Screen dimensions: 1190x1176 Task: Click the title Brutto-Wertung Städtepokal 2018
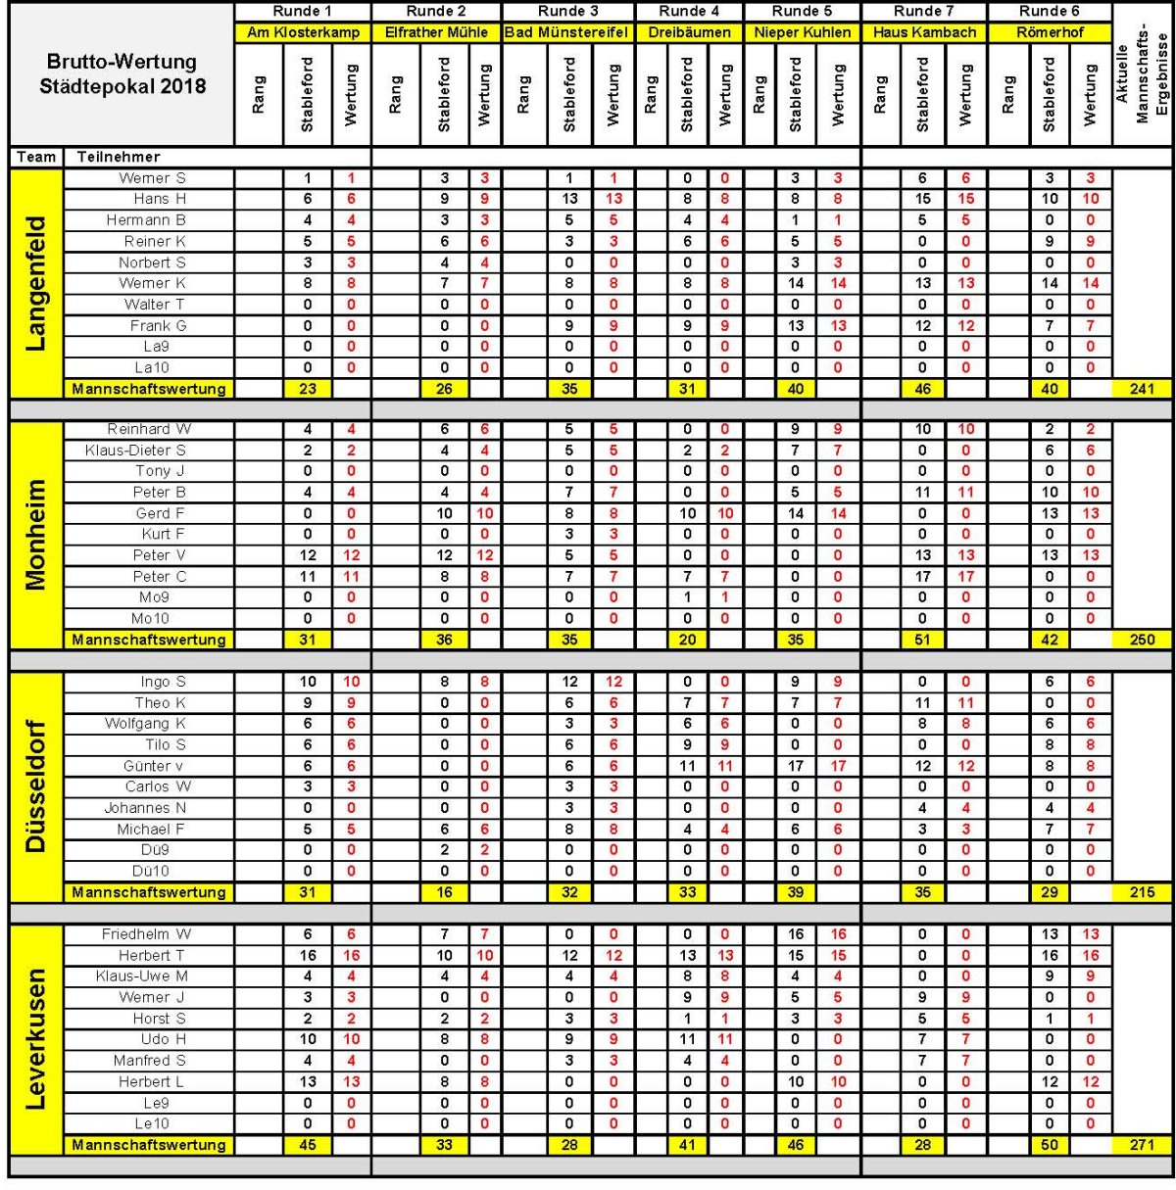[x=122, y=74]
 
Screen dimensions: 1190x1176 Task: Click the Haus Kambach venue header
[x=924, y=32]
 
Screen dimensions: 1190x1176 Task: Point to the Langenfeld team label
[x=35, y=283]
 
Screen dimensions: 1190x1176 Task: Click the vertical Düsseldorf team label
[x=35, y=786]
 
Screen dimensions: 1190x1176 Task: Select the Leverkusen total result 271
[x=1142, y=1144]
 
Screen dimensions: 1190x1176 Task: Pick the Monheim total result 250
[x=1142, y=640]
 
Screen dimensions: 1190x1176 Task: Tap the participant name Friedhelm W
[x=147, y=934]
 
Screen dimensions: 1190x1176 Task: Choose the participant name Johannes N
[x=145, y=808]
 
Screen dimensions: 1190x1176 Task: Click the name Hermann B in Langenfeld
[x=146, y=220]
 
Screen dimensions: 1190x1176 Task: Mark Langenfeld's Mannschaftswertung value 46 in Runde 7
[x=922, y=389]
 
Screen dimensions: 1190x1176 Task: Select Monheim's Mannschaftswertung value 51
[x=922, y=640]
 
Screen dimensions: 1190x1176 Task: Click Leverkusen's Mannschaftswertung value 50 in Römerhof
[x=1050, y=1144]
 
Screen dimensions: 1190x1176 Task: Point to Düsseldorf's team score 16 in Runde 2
[x=444, y=892]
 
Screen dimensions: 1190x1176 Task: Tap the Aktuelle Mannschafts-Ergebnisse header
[x=1143, y=78]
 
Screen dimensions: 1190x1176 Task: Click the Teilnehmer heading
[x=119, y=157]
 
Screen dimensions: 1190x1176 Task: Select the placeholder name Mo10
[x=150, y=619]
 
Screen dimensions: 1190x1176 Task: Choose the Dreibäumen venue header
[x=689, y=32]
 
